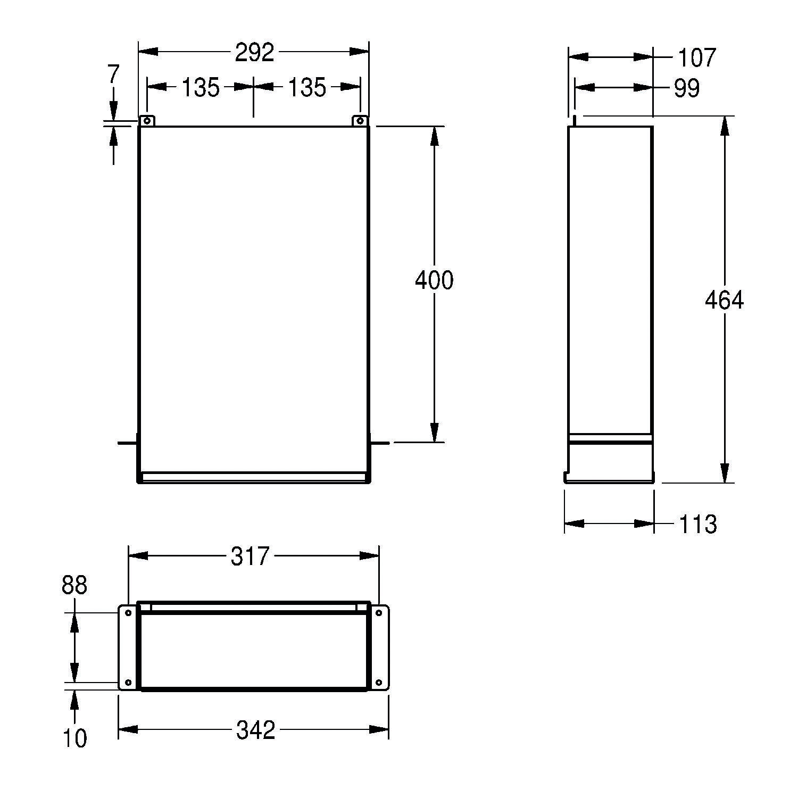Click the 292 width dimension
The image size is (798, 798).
click(254, 52)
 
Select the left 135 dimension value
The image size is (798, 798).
click(200, 87)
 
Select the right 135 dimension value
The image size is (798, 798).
click(307, 87)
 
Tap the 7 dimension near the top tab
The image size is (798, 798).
click(113, 74)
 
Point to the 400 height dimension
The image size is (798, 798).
click(434, 280)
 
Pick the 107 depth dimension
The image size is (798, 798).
click(697, 57)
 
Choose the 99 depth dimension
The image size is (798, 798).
click(687, 88)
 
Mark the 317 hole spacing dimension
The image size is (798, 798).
click(250, 556)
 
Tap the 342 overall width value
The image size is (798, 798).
click(255, 730)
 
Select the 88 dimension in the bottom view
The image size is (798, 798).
click(74, 585)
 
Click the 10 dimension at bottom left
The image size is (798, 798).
click(75, 738)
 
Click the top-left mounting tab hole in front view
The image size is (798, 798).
click(147, 121)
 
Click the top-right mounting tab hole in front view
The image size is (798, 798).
click(360, 121)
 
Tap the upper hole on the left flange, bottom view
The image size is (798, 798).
click(128, 613)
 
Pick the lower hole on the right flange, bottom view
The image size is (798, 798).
click(379, 682)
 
